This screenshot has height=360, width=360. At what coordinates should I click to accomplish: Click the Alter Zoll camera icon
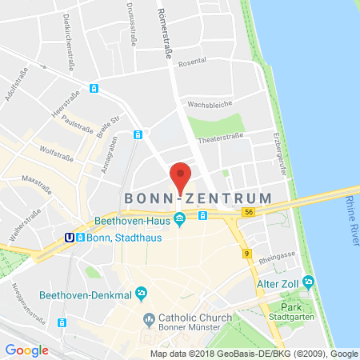tap(308, 281)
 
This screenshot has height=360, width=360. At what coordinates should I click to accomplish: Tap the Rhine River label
tap(350, 214)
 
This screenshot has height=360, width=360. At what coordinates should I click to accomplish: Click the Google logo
tap(26, 350)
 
